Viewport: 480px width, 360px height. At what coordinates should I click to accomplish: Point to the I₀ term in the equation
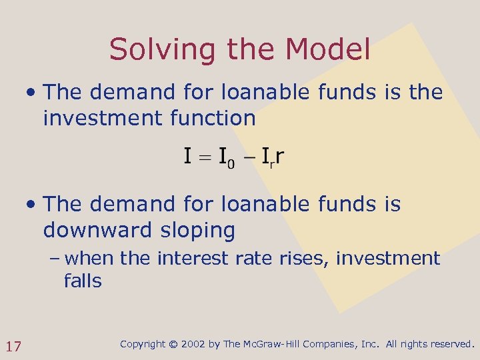227,158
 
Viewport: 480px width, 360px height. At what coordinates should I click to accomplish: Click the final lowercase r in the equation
280,157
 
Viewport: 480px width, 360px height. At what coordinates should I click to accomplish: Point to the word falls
83,281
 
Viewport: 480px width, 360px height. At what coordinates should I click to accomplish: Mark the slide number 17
14,346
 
